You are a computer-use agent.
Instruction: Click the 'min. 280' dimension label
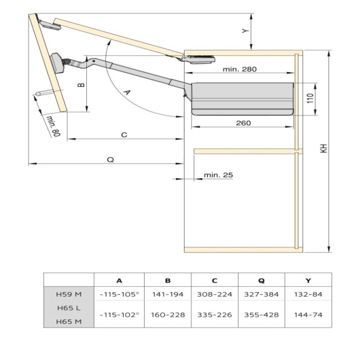tap(241, 69)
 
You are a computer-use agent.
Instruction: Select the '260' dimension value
tap(243, 123)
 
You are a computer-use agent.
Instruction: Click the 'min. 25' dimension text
tap(218, 175)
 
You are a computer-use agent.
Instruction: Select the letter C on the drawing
tap(123, 134)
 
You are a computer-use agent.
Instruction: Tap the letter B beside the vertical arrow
tap(81, 85)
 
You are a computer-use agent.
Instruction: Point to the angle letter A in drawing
tap(127, 91)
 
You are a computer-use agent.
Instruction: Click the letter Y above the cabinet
tap(245, 31)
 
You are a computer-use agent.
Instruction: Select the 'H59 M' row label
tap(69, 294)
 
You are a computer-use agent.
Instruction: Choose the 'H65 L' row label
tap(69, 307)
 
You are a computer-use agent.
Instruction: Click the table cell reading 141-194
tap(167, 294)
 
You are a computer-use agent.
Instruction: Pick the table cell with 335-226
tap(214, 314)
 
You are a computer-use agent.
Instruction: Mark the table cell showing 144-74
tap(307, 314)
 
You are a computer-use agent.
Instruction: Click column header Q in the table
tap(261, 280)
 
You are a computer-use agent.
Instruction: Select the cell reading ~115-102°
tap(119, 314)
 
